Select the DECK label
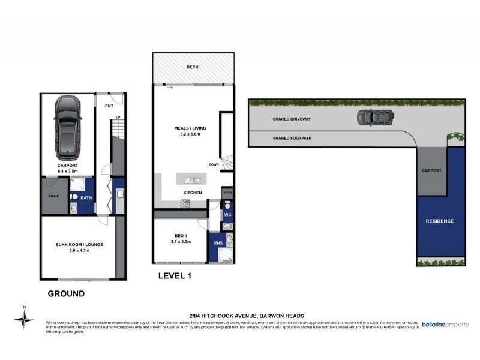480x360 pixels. [x=192, y=68]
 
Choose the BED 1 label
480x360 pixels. [x=181, y=238]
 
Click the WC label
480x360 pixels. [x=227, y=214]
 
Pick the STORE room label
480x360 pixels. [x=52, y=196]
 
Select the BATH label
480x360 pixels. [x=86, y=197]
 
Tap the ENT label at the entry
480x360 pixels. [x=109, y=106]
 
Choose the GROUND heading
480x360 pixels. [x=65, y=294]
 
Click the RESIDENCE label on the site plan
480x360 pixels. [x=440, y=221]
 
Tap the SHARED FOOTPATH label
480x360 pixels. [x=292, y=138]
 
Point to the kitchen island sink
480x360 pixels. [x=191, y=180]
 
